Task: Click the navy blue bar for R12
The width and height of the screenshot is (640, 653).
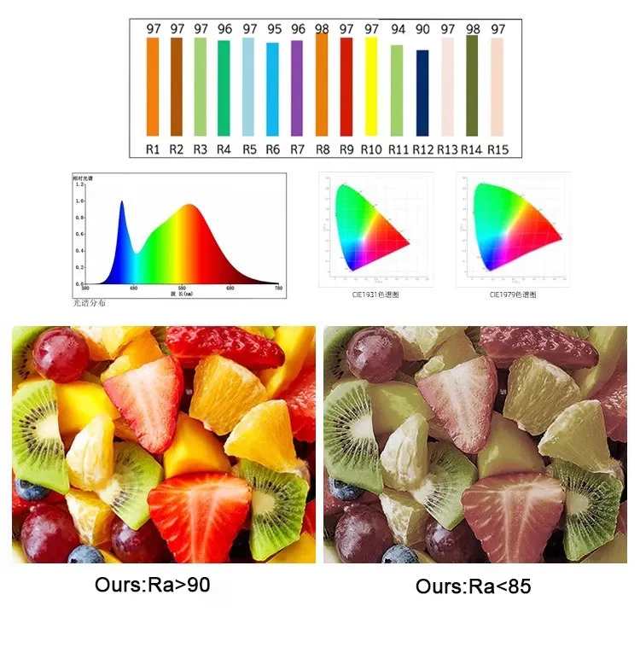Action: coord(422,92)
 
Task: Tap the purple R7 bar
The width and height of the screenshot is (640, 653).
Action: coord(297,88)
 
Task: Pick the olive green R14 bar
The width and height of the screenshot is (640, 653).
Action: coord(472,85)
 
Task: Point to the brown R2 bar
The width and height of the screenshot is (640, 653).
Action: coord(177,86)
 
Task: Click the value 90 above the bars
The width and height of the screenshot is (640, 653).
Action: coord(422,29)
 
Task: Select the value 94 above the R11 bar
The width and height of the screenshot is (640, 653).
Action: coord(398,29)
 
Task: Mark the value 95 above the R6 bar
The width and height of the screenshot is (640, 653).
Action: coord(273,29)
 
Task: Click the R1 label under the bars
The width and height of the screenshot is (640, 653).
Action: coord(153,149)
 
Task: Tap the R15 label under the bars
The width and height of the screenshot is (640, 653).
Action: coord(498,149)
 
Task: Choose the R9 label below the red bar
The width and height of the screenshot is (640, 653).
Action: coord(346,149)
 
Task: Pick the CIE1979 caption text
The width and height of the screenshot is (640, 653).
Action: coord(513,294)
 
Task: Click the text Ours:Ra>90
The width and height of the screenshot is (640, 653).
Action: coord(153,586)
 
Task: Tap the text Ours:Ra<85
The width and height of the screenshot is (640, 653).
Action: coord(473,587)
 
